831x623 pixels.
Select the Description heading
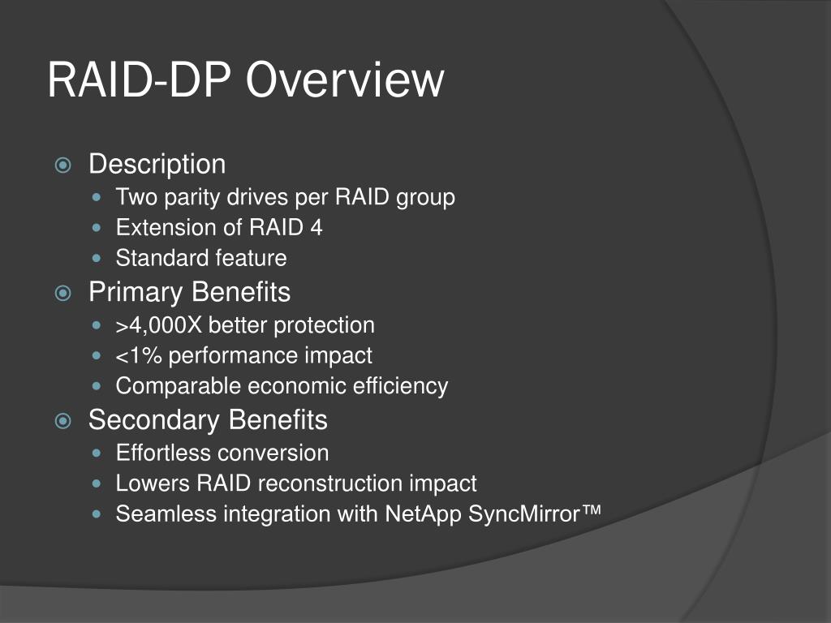(x=157, y=164)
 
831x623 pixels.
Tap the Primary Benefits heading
(x=189, y=291)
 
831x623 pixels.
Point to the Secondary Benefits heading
(x=208, y=419)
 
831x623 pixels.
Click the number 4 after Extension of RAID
(x=316, y=228)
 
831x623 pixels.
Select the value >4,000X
(x=159, y=326)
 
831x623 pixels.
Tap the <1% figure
(x=139, y=356)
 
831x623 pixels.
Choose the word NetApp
(x=423, y=514)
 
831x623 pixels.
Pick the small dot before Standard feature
(x=99, y=260)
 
